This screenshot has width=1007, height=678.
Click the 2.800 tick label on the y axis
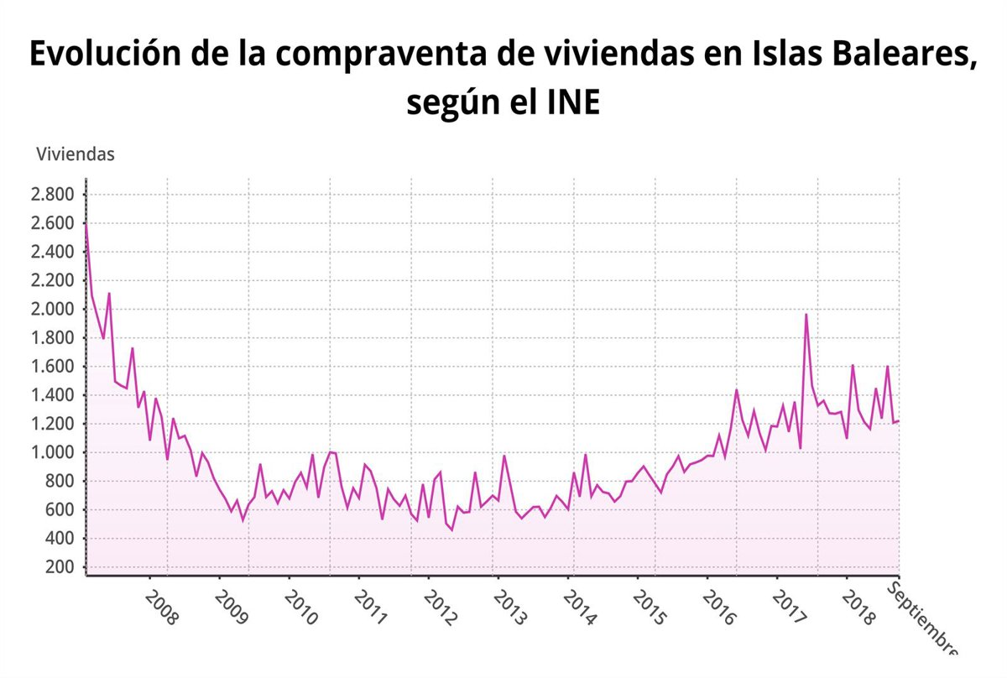[x=53, y=196]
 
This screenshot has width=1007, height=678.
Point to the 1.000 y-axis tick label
[x=53, y=452]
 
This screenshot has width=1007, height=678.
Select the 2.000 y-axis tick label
[x=53, y=310]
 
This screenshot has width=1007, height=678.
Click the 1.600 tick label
[x=53, y=367]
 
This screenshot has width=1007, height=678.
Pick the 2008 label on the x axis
[x=161, y=608]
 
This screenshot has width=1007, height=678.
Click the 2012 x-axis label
[x=440, y=608]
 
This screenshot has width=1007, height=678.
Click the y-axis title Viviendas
[x=76, y=154]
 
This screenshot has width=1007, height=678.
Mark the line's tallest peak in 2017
[x=806, y=315]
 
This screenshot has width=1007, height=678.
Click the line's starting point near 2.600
[x=86, y=224]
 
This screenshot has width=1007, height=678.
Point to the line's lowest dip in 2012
[x=451, y=529]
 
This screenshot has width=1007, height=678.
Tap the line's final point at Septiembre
[x=899, y=420]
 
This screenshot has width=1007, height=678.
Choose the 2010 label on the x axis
[x=300, y=608]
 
